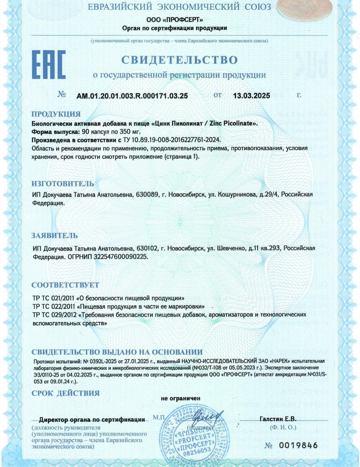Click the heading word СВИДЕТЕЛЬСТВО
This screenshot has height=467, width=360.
click(x=179, y=60)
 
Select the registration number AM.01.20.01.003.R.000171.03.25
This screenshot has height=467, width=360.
click(x=132, y=96)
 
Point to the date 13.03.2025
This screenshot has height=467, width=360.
click(x=252, y=96)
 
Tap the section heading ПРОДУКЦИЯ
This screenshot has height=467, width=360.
click(x=56, y=114)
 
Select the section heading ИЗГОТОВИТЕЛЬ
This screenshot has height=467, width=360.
click(x=63, y=184)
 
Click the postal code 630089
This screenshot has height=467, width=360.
click(x=148, y=194)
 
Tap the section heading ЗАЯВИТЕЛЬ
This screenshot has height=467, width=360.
click(x=54, y=236)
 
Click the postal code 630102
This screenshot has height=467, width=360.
click(x=147, y=248)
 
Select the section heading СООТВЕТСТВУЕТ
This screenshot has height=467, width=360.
click(x=65, y=285)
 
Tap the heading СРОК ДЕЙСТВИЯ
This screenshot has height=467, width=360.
click(x=66, y=393)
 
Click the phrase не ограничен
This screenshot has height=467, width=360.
click(x=181, y=398)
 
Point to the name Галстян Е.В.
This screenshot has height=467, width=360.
click(x=278, y=419)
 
